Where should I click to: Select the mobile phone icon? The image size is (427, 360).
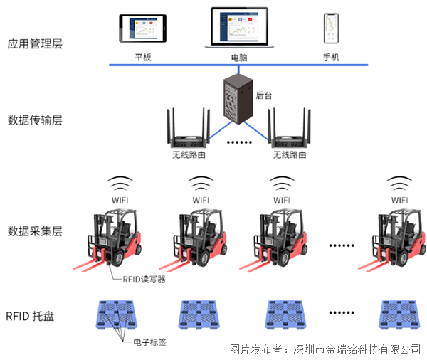330,28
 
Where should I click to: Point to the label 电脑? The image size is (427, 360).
240,57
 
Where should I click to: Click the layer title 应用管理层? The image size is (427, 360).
35,43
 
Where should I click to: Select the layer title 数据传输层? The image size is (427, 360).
35,120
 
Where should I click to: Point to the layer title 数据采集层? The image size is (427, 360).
35,231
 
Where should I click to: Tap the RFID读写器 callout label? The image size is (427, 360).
142,280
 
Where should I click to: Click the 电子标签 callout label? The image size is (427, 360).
151,342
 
